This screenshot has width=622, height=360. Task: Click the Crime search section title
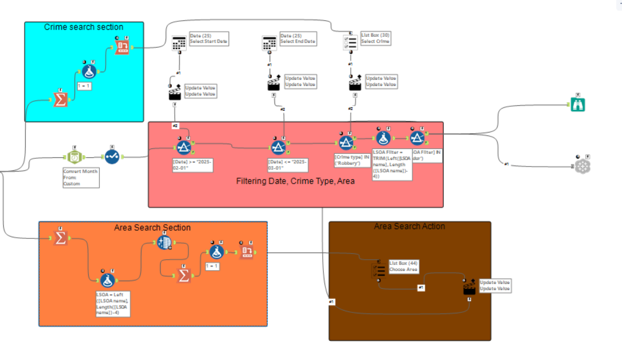(x=83, y=27)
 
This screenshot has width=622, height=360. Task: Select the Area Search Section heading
(x=152, y=227)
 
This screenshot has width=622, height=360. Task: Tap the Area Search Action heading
(x=409, y=226)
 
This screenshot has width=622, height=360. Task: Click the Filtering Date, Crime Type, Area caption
(x=295, y=181)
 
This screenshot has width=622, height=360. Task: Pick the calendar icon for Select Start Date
(x=179, y=43)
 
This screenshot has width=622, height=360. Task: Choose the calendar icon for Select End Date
(x=269, y=43)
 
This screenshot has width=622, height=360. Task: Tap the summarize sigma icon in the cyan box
(x=60, y=100)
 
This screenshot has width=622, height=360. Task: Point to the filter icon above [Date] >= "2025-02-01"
(x=184, y=147)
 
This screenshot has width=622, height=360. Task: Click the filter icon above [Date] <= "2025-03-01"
(x=278, y=147)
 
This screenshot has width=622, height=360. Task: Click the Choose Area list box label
(x=404, y=266)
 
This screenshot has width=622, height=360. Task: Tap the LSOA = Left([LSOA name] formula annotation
(x=113, y=304)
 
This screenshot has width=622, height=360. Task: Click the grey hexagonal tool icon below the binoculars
(x=582, y=165)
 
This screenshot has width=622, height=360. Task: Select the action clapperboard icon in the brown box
(x=469, y=289)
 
